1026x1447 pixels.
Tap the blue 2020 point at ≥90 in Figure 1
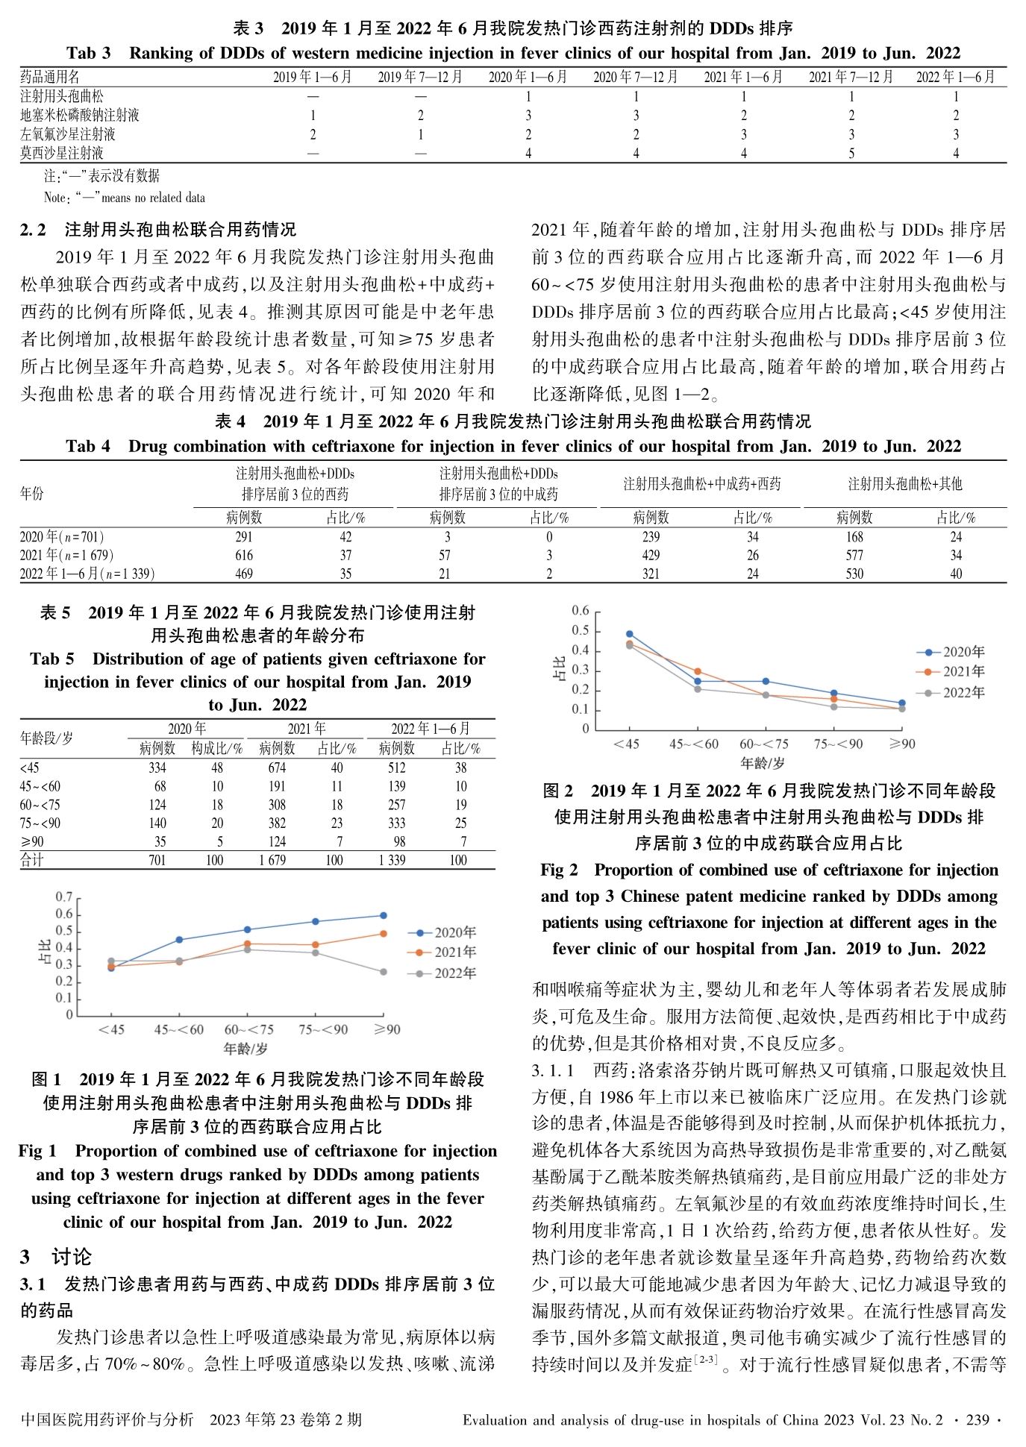(x=383, y=915)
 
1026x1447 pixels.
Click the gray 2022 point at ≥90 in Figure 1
(x=383, y=972)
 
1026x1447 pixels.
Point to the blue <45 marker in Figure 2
(x=629, y=633)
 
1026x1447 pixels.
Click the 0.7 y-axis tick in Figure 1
(x=64, y=897)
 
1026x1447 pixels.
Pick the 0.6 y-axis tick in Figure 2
(x=581, y=611)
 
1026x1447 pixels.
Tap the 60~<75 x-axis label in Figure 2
(x=763, y=744)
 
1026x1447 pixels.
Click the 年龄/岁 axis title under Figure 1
(x=245, y=1049)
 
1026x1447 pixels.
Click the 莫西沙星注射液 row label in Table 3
(x=62, y=153)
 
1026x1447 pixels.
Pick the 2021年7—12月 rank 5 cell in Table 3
(x=851, y=153)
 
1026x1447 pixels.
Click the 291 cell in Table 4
(x=244, y=536)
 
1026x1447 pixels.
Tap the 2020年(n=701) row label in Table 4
(x=62, y=536)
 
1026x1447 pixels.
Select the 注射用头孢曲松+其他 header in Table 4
(x=904, y=483)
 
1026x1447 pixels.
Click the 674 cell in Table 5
(x=277, y=768)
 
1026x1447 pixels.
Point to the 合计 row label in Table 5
(x=32, y=860)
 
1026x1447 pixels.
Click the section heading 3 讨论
(x=55, y=1257)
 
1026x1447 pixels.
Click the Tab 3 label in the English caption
(x=88, y=53)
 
